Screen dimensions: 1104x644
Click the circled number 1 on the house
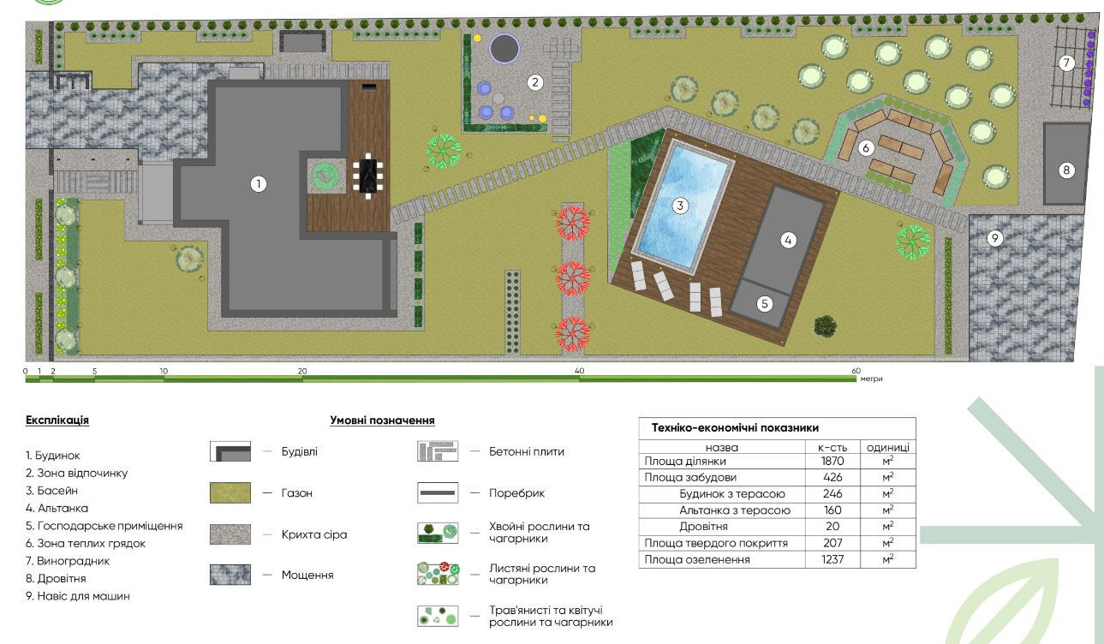pos(259,184)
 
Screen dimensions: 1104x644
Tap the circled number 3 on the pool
pos(680,206)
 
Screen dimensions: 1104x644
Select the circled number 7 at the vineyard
pos(1066,63)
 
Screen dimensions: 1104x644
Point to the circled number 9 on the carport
pos(994,238)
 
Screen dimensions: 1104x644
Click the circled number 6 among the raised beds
pos(866,148)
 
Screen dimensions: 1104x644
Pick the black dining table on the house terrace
pos(368,176)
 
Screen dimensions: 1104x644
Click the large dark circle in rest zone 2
pos(504,48)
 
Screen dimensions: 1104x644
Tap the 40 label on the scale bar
pos(579,371)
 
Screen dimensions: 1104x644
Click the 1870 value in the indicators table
pos(832,462)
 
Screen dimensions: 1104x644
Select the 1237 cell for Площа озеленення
pos(832,560)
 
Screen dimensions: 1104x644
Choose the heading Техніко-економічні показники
pos(735,427)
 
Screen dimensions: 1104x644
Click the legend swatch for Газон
pos(230,492)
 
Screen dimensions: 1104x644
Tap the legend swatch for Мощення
pos(230,575)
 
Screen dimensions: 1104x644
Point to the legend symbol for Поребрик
pos(438,492)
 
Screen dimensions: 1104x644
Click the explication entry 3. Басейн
pos(51,491)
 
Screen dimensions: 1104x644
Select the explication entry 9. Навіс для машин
pos(78,596)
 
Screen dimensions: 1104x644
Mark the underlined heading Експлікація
pos(57,420)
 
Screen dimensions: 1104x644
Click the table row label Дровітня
pos(703,527)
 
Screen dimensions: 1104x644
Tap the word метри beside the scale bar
pos(871,379)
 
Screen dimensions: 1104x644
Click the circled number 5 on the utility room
pos(765,303)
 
